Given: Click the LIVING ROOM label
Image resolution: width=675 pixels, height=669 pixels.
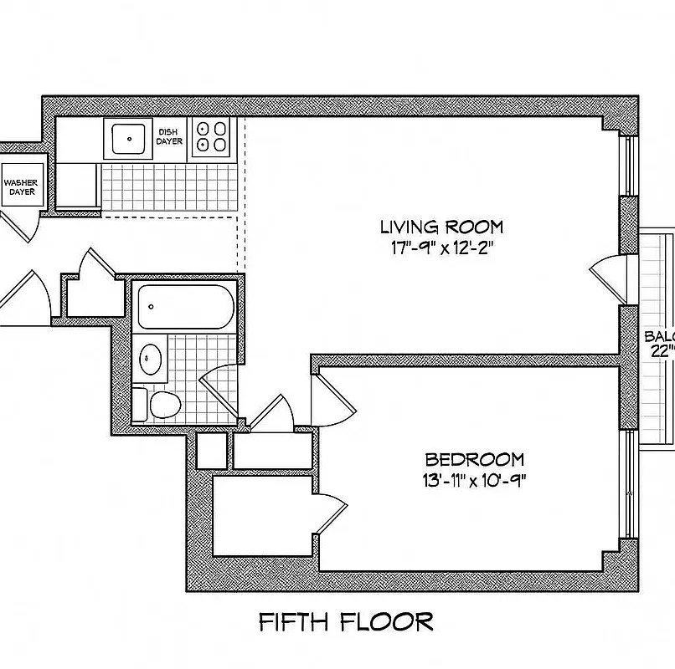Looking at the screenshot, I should tap(441, 227).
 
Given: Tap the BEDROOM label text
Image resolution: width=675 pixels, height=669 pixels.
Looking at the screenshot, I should tap(474, 459).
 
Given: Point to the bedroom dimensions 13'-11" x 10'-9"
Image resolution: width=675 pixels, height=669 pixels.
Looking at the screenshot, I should tap(474, 479).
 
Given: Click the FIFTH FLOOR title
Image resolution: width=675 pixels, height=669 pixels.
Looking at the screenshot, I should tap(345, 621).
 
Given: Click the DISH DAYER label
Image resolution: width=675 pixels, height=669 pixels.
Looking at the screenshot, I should tap(169, 136).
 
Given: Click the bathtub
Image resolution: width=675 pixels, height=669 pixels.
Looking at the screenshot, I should tap(185, 307).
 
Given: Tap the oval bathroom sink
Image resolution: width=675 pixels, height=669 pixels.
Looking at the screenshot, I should tap(151, 359).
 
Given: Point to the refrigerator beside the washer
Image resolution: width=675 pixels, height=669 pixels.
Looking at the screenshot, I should tap(78, 184).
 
